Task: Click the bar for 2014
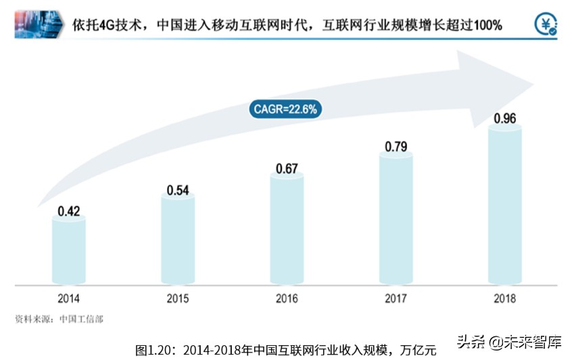point(68,250)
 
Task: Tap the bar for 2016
point(287,227)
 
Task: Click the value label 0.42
point(69,211)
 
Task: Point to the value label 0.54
point(178,190)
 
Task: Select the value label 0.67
point(287,168)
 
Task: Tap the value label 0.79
point(396,146)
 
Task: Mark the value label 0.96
point(504,119)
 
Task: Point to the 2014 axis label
point(68,298)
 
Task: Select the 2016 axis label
point(287,298)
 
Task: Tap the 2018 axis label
point(504,298)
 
